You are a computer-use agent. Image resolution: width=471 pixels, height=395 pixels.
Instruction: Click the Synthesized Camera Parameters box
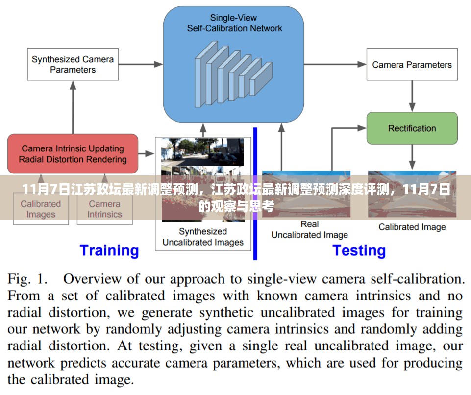pyautogui.click(x=73, y=64)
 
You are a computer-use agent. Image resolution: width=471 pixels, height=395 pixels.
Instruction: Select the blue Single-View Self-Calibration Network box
pyautogui.click(x=233, y=64)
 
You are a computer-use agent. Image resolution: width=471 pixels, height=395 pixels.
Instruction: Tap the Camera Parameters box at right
pyautogui.click(x=412, y=65)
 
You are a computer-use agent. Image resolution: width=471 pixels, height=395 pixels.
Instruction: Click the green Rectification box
pyautogui.click(x=412, y=128)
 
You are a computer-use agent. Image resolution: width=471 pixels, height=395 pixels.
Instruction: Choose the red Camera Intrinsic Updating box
pyautogui.click(x=73, y=153)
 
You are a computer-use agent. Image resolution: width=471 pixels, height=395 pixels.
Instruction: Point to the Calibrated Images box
pyautogui.click(x=41, y=209)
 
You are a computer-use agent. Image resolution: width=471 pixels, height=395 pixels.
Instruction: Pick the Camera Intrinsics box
pyautogui.click(x=104, y=209)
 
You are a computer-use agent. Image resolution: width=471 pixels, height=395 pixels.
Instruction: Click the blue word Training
pyautogui.click(x=109, y=250)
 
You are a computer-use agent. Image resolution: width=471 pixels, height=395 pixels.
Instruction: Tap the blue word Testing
pyautogui.click(x=359, y=250)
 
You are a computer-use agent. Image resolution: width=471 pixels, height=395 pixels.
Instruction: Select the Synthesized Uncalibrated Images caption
pyautogui.click(x=203, y=237)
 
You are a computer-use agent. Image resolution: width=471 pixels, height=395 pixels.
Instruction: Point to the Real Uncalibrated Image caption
pyautogui.click(x=309, y=229)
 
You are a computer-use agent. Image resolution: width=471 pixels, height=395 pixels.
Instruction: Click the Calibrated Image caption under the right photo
pyautogui.click(x=412, y=227)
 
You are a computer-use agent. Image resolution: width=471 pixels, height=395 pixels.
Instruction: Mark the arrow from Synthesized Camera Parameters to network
pyautogui.click(x=141, y=64)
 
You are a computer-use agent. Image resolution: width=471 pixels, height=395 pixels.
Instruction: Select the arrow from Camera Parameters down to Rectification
pyautogui.click(x=412, y=96)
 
